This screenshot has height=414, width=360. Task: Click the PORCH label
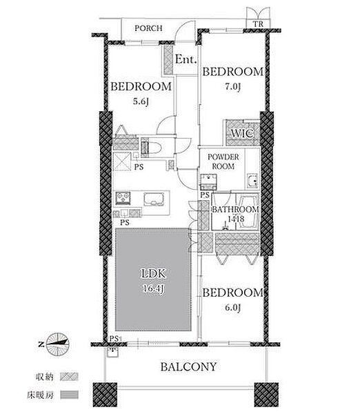(x=148, y=28)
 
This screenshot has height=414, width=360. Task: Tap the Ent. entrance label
(x=186, y=59)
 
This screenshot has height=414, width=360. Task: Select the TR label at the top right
(x=259, y=24)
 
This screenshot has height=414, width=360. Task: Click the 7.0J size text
(x=232, y=87)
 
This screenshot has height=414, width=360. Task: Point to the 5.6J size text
(x=141, y=101)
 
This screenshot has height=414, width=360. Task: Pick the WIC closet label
(x=242, y=133)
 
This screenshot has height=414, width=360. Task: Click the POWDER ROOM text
(x=223, y=161)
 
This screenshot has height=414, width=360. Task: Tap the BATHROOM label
(x=235, y=209)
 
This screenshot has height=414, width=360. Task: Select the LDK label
(x=153, y=274)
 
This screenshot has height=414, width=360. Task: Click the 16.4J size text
(x=153, y=288)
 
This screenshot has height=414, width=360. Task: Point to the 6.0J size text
(x=232, y=307)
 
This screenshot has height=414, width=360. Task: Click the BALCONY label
(x=189, y=367)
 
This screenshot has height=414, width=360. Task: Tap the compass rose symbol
(x=57, y=344)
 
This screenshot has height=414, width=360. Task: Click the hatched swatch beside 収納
(x=69, y=377)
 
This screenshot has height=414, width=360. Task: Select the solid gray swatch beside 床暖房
(x=69, y=395)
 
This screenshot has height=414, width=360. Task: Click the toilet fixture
(x=151, y=148)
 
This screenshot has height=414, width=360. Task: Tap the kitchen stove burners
(x=123, y=198)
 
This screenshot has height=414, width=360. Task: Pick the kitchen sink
(x=154, y=199)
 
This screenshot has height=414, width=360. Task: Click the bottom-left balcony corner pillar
(x=105, y=395)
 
